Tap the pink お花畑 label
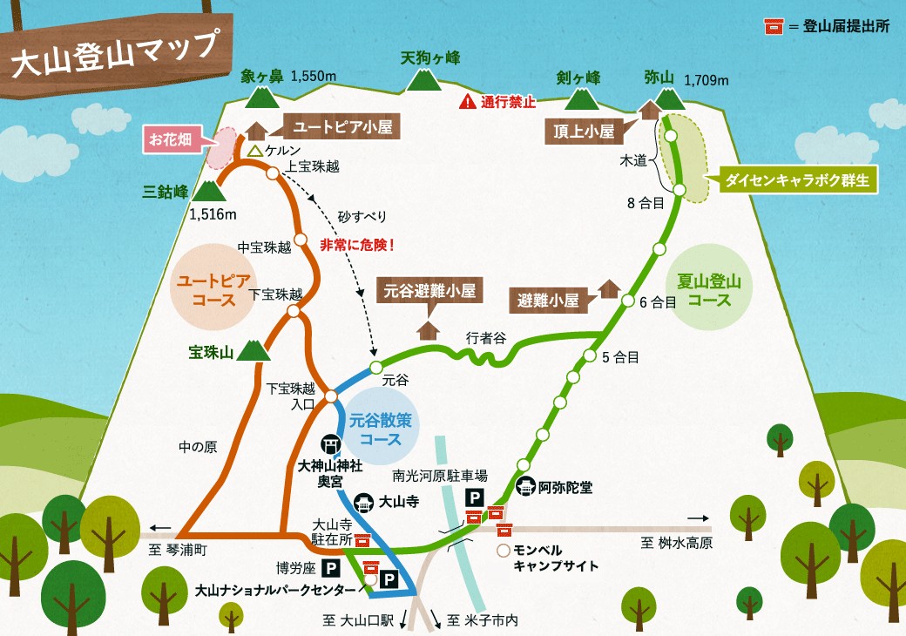tap(170, 138)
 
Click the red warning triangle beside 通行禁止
tap(469, 101)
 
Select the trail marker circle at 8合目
tap(679, 190)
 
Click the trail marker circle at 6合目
tap(628, 301)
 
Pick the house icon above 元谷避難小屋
tap(427, 329)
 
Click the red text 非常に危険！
tap(357, 245)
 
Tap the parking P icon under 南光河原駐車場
tap(476, 497)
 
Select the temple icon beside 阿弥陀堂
tap(525, 486)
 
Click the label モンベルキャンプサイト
tap(556, 558)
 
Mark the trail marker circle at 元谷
tap(375, 366)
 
